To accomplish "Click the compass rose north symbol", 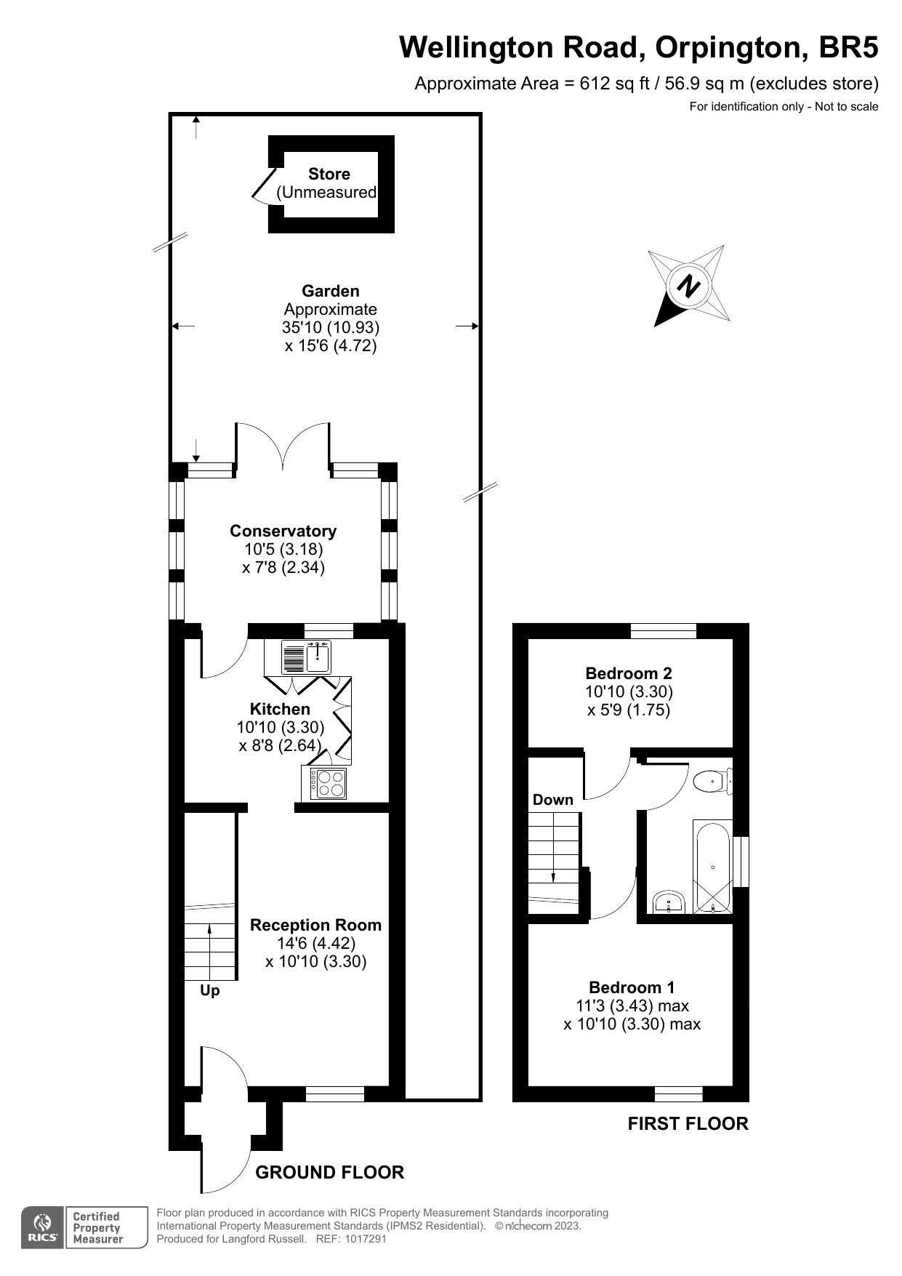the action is (x=689, y=285).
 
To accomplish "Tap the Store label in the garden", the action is (x=329, y=174).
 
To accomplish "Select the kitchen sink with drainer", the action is (x=306, y=657).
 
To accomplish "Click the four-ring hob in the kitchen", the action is (x=329, y=783).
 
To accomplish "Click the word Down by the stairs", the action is (x=553, y=800).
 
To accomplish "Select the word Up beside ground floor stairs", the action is (x=210, y=991).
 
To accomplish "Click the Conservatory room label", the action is (x=283, y=531).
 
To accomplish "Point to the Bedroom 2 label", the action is (x=629, y=673).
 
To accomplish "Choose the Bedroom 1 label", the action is (x=632, y=987).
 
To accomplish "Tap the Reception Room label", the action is (x=315, y=925).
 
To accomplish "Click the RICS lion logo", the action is (x=43, y=1228).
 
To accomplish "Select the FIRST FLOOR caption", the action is (x=688, y=1124).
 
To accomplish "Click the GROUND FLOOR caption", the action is (x=330, y=1172).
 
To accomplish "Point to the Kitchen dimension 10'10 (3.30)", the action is (x=281, y=727).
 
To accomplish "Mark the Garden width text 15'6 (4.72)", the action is (x=331, y=345).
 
